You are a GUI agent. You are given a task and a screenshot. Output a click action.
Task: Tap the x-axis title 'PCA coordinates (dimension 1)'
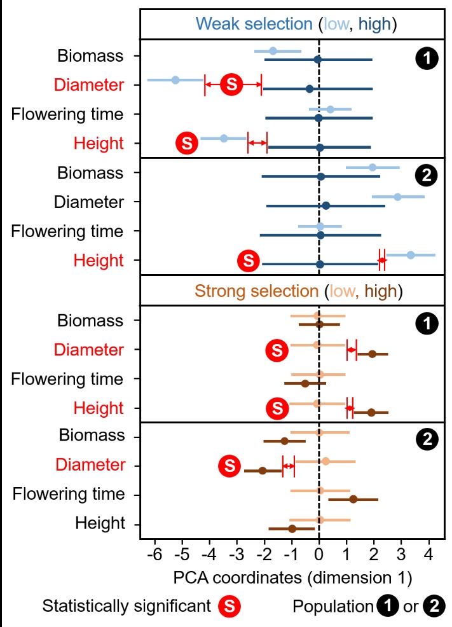click(292, 579)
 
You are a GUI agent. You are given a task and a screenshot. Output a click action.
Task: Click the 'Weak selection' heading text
click(254, 24)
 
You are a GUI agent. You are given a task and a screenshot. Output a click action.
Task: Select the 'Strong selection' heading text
click(256, 291)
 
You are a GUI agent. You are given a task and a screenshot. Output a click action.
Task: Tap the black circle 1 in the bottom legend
click(384, 607)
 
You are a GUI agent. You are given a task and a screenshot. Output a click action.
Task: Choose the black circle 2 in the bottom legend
click(436, 607)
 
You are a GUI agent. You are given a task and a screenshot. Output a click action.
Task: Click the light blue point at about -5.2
click(175, 80)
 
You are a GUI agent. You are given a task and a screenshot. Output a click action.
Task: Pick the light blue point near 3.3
click(411, 255)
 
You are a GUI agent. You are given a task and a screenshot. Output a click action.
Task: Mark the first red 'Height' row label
click(99, 143)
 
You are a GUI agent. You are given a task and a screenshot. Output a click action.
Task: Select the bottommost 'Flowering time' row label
click(68, 494)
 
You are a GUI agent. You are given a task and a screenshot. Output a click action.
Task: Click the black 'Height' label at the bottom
click(100, 523)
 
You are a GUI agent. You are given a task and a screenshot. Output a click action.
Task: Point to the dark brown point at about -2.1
click(263, 471)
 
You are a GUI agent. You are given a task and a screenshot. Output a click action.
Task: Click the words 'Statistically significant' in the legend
click(127, 607)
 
